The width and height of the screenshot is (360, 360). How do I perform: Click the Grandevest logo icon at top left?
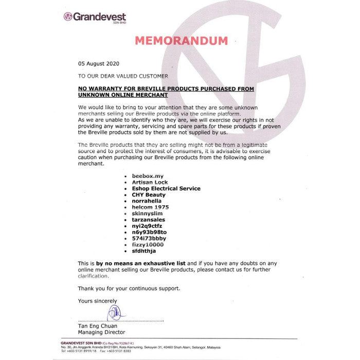pyautogui.click(x=67, y=16)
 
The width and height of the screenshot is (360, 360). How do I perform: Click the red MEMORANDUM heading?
pyautogui.click(x=181, y=41)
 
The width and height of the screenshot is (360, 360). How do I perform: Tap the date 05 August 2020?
pyautogui.click(x=98, y=64)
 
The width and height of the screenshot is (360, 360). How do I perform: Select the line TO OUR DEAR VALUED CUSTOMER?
pyautogui.click(x=123, y=76)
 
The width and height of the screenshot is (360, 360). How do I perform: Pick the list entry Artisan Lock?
pyautogui.click(x=150, y=182)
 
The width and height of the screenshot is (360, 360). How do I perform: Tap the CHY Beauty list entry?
pyautogui.click(x=149, y=195)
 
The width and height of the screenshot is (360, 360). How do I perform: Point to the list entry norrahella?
pyautogui.click(x=147, y=201)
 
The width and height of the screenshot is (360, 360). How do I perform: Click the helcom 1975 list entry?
pyautogui.click(x=150, y=207)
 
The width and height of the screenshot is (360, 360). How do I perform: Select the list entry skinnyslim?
pyautogui.click(x=147, y=213)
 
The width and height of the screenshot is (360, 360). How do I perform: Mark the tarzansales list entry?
pyautogui.click(x=149, y=220)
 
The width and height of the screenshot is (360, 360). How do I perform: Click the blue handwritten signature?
pyautogui.click(x=114, y=313)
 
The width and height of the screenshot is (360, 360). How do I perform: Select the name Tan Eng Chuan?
pyautogui.click(x=98, y=326)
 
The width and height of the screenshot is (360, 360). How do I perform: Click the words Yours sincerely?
pyautogui.click(x=97, y=301)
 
